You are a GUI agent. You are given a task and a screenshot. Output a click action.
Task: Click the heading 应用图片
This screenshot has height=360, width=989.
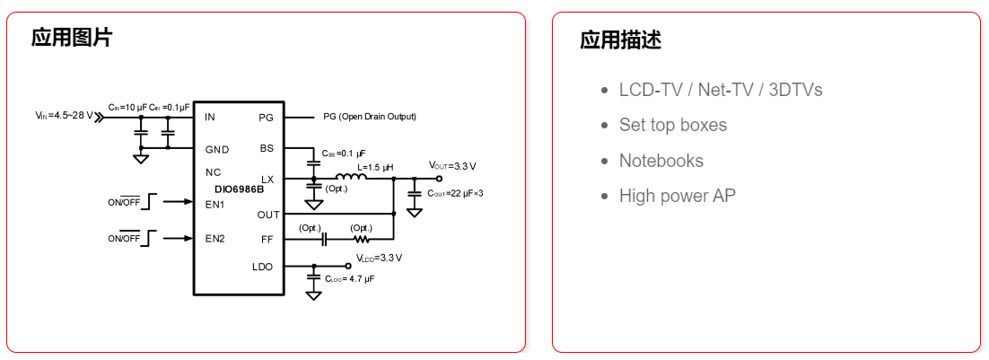pyautogui.click(x=72, y=38)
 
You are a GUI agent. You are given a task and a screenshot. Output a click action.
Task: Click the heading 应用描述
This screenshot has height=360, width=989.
pyautogui.click(x=621, y=40)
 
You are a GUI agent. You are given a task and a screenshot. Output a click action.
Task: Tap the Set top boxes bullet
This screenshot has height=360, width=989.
pyautogui.click(x=672, y=125)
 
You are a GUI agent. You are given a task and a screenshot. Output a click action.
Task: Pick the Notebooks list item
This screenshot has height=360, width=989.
pyautogui.click(x=661, y=161)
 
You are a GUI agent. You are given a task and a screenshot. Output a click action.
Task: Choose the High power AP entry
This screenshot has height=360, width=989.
pyautogui.click(x=677, y=196)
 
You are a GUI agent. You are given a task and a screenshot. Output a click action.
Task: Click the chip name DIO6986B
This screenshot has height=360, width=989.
pyautogui.click(x=239, y=189)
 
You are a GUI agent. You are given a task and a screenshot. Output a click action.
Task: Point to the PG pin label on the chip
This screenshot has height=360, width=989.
pyautogui.click(x=266, y=118)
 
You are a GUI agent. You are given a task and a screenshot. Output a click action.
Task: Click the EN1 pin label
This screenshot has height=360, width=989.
pyautogui.click(x=214, y=205)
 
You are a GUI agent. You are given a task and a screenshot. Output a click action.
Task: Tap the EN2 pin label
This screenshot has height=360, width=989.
pyautogui.click(x=214, y=239)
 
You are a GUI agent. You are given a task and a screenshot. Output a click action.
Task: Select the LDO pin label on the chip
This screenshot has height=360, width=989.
pyautogui.click(x=262, y=267)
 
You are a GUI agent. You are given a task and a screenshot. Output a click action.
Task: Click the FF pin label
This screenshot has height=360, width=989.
pyautogui.click(x=267, y=239)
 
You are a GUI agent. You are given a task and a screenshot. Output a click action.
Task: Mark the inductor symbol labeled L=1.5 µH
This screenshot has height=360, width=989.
pyautogui.click(x=352, y=177)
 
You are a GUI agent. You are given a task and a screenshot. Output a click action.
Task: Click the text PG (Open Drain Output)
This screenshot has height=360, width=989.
pyautogui.click(x=370, y=117)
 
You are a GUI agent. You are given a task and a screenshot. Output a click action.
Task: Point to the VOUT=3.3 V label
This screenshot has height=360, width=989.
pyautogui.click(x=452, y=166)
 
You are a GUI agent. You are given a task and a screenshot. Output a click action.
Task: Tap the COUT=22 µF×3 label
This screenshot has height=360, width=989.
pyautogui.click(x=455, y=193)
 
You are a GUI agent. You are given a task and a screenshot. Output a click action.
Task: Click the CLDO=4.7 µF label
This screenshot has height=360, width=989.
pyautogui.click(x=349, y=279)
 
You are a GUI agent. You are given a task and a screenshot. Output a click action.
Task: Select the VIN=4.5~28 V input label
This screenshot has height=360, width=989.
pyautogui.click(x=64, y=116)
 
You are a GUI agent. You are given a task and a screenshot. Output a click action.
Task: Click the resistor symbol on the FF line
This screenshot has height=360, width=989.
pyautogui.click(x=362, y=240)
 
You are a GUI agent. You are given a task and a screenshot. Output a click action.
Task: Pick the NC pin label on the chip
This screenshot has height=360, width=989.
pyautogui.click(x=213, y=171)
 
